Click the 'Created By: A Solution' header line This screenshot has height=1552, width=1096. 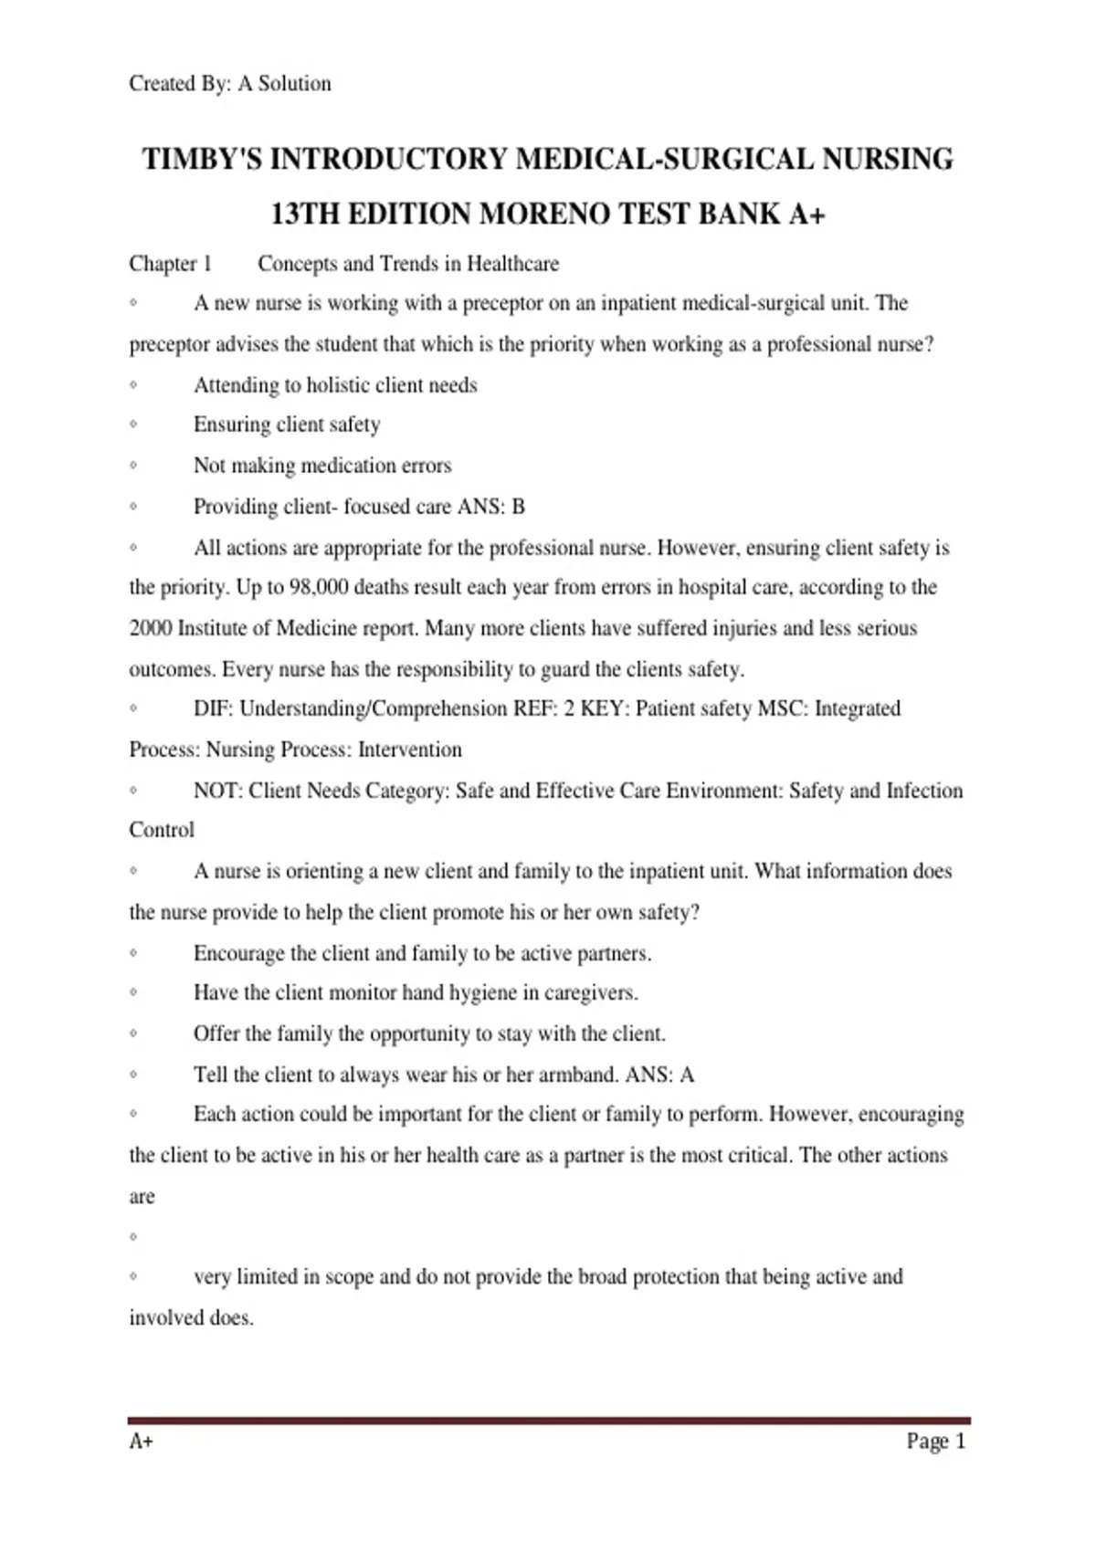230,84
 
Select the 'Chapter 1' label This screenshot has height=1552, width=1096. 170,264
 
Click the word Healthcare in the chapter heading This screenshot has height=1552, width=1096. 512,264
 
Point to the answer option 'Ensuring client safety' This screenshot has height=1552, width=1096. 287,425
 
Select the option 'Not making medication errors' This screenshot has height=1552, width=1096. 322,466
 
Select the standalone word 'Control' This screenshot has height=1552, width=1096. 162,830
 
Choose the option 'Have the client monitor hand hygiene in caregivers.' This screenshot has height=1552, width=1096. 416,992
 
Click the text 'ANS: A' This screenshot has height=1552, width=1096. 659,1075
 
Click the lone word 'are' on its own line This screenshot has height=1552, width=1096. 142,1197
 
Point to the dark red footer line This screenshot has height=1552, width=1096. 548,1421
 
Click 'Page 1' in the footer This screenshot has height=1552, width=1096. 935,1442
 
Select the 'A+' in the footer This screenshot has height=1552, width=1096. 141,1442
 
